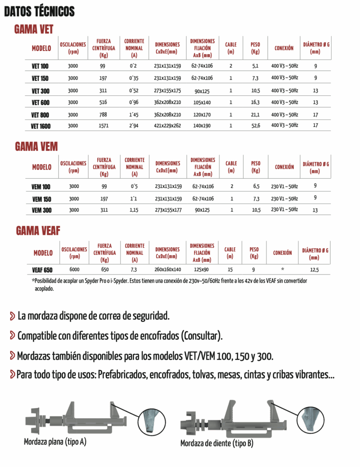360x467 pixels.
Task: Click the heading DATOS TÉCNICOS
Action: pyautogui.click(x=39, y=11)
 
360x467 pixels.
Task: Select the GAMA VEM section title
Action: pyautogui.click(x=36, y=146)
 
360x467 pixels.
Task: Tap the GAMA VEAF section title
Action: pyautogui.click(x=38, y=230)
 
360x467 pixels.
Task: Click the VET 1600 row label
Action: pyautogui.click(x=40, y=126)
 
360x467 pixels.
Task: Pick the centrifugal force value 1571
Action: pyautogui.click(x=103, y=125)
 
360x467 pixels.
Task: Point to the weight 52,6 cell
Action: pyautogui.click(x=256, y=125)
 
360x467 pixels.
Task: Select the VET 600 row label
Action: pyautogui.click(x=40, y=102)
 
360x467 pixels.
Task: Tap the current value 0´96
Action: pyautogui.click(x=134, y=102)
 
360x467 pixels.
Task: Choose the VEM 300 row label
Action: pyautogui.click(x=42, y=210)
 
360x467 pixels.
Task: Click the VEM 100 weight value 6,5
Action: pyautogui.click(x=256, y=187)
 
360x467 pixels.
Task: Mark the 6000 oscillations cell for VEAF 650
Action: pyautogui.click(x=74, y=270)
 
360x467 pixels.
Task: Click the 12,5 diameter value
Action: pyautogui.click(x=314, y=270)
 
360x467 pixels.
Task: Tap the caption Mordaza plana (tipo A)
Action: pyautogui.click(x=55, y=442)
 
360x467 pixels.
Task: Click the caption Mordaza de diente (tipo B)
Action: pyautogui.click(x=217, y=443)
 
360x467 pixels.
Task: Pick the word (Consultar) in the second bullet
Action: pyautogui.click(x=202, y=336)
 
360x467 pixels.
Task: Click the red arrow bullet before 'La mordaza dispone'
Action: pyautogui.click(x=11, y=315)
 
